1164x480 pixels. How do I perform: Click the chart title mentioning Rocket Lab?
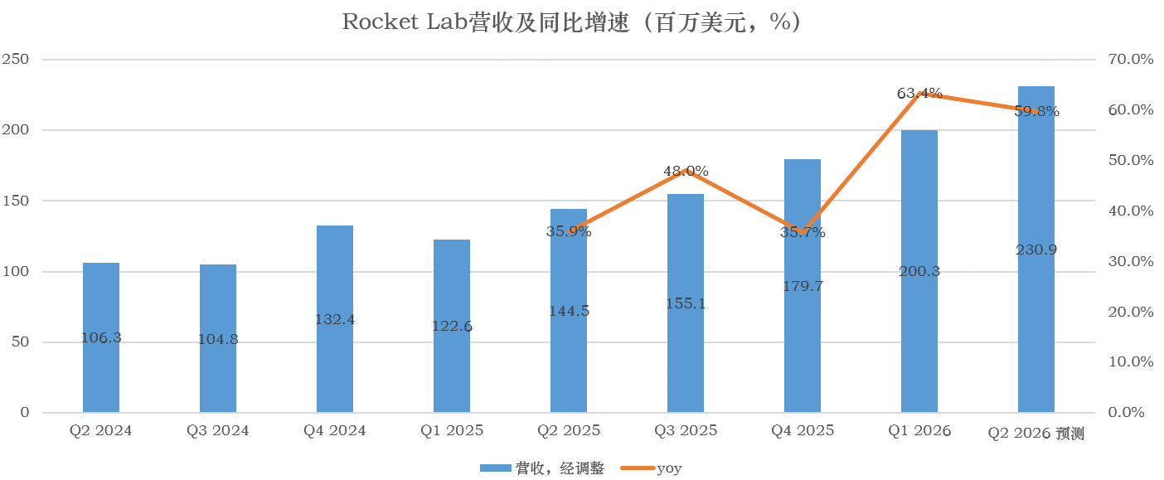[x=572, y=22]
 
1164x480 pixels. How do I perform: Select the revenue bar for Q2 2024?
[x=101, y=337]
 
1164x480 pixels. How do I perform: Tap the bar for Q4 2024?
[x=335, y=319]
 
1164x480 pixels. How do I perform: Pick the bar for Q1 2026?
[x=919, y=271]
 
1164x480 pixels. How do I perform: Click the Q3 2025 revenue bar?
[x=686, y=303]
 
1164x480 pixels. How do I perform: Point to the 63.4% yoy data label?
[x=919, y=93]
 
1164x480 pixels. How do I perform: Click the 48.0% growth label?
[x=686, y=171]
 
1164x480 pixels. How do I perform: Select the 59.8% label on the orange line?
[x=1036, y=111]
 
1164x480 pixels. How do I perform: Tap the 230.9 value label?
[x=1036, y=250]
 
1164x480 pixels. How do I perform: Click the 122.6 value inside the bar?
[x=452, y=327]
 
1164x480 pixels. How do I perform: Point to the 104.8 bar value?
[x=218, y=339]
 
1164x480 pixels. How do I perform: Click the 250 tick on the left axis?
[x=16, y=59]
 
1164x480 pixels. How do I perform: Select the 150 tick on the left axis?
[x=16, y=201]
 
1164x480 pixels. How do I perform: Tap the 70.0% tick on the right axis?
[x=1131, y=59]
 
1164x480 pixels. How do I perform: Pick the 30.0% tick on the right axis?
[x=1131, y=261]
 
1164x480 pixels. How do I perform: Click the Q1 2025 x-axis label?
[x=452, y=430]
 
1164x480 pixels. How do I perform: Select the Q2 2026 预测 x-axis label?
[x=1035, y=434]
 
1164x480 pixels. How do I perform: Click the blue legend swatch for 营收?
[x=495, y=468]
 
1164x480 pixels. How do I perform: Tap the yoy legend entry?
[x=651, y=468]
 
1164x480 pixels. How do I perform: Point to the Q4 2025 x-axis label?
[x=803, y=430]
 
